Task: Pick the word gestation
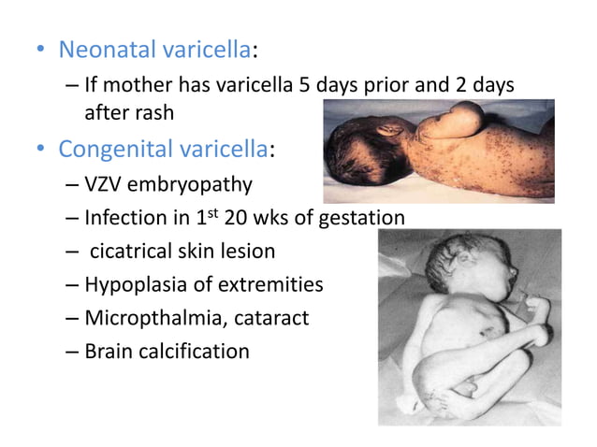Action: [360, 220]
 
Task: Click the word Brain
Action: [107, 352]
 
